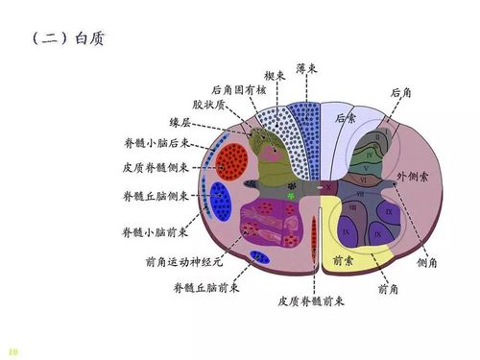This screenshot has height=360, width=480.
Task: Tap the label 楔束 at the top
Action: point(275,75)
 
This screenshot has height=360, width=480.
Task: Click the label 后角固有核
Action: point(234,87)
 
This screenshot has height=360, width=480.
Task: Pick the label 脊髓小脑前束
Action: point(156,232)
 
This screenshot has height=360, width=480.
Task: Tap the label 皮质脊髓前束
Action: point(311,300)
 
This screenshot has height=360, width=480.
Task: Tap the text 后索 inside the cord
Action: point(347,119)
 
